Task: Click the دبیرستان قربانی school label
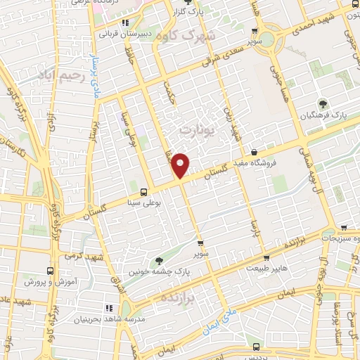pos(126,32)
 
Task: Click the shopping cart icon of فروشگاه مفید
pos(254,152)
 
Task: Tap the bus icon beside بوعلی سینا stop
pos(144,191)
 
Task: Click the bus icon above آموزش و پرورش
pos(50,270)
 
